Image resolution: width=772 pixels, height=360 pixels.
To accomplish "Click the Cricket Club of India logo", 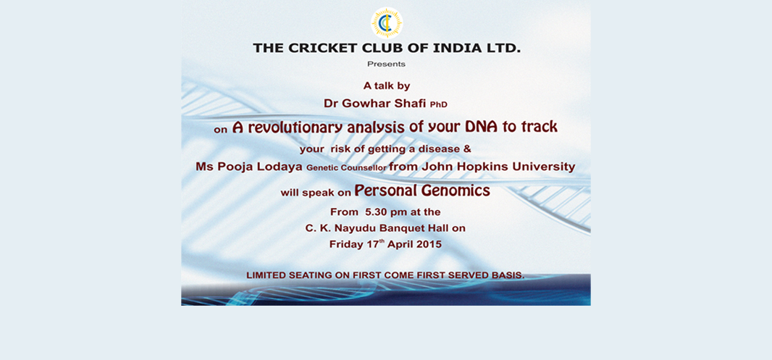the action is pos(387,22).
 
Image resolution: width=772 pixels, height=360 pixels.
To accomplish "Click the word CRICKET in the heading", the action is pos(321,49).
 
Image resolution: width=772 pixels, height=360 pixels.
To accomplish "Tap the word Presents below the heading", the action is pos(386,64).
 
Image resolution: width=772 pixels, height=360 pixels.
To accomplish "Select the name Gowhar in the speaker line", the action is pos(364,104).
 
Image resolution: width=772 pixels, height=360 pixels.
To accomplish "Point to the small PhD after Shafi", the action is pos(438,105).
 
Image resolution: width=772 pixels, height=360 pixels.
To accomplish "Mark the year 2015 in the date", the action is pos(428,244).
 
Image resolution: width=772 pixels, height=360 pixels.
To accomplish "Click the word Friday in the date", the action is pos(345,244).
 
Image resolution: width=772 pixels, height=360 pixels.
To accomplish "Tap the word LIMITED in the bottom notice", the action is pos(265,275).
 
